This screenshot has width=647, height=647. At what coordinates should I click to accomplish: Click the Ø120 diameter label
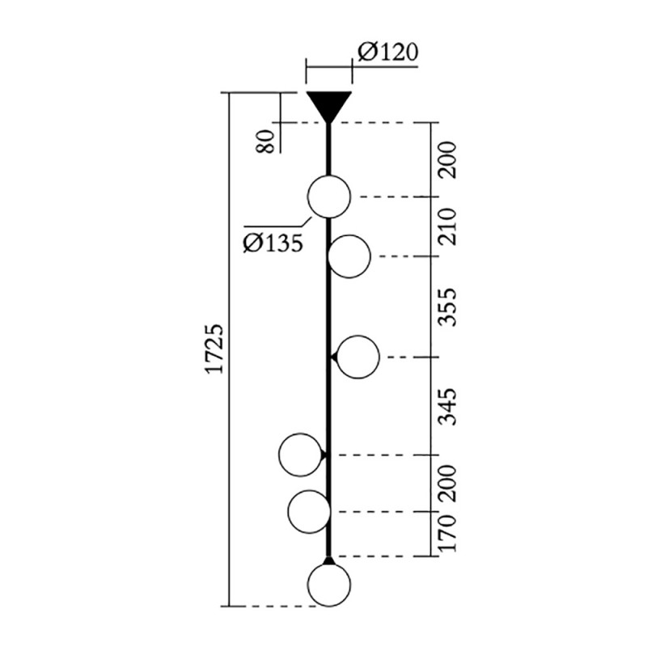[387, 53]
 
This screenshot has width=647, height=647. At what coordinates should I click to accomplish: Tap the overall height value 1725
[214, 350]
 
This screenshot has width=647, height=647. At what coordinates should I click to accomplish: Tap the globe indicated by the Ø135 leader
[329, 197]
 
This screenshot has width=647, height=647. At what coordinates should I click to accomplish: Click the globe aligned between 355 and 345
[357, 357]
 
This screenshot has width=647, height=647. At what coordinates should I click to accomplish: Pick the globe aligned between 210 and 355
[349, 256]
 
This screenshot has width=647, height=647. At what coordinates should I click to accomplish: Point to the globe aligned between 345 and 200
[300, 455]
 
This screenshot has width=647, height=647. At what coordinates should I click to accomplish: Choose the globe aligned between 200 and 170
[309, 511]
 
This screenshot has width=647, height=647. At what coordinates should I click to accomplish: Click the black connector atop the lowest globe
[328, 560]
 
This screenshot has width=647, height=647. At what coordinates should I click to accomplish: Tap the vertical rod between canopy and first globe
[328, 150]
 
